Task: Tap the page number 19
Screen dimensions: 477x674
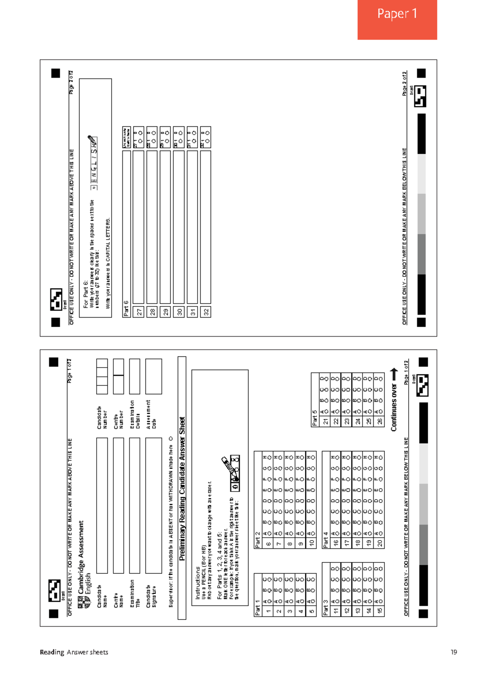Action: click(x=454, y=652)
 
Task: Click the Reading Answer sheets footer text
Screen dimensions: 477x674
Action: click(x=74, y=652)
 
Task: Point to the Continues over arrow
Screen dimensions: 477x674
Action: click(x=394, y=374)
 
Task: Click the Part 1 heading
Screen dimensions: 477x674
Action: click(x=257, y=608)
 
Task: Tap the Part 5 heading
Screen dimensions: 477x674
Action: click(x=314, y=418)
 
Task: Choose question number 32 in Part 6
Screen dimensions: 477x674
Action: click(x=206, y=312)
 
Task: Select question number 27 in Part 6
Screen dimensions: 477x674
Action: click(x=139, y=312)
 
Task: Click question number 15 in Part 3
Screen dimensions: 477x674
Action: click(x=380, y=611)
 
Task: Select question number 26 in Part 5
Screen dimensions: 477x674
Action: click(x=380, y=421)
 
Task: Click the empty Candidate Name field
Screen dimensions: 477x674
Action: click(x=102, y=505)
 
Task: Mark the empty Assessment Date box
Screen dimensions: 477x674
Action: click(x=153, y=376)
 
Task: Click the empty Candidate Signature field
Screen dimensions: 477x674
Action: click(x=153, y=505)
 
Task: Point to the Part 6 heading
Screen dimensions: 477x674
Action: click(x=126, y=308)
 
